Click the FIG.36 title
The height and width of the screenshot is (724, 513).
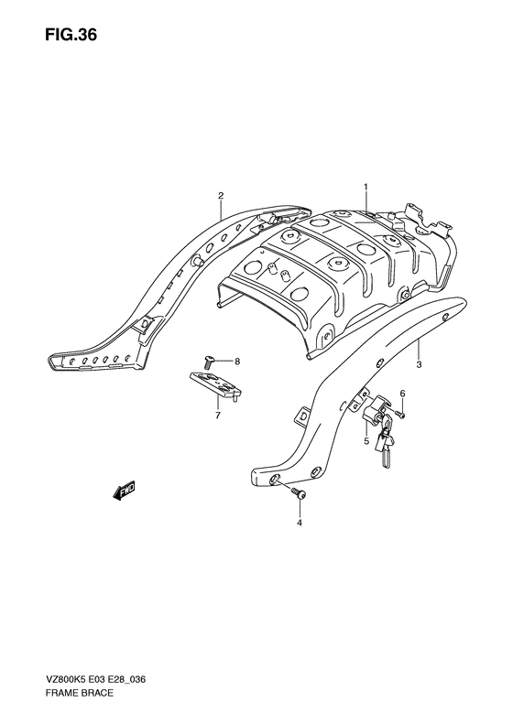pyautogui.click(x=71, y=35)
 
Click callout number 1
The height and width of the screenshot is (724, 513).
pyautogui.click(x=366, y=187)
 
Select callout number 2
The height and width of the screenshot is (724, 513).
pyautogui.click(x=221, y=195)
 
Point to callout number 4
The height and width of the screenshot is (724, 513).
pyautogui.click(x=299, y=523)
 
